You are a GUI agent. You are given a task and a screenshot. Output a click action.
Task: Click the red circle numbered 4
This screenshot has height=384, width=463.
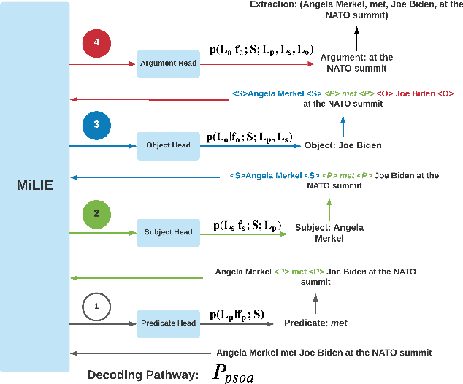(96, 42)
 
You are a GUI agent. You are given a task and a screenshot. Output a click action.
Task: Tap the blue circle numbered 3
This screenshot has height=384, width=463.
(96, 124)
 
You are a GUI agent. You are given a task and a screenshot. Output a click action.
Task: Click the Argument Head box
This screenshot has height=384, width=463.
(168, 64)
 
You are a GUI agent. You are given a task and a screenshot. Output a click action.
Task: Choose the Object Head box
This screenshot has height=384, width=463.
(168, 145)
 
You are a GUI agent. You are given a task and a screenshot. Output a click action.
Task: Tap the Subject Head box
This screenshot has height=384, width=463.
(168, 232)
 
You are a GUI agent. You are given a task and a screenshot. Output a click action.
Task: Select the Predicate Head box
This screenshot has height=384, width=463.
(168, 323)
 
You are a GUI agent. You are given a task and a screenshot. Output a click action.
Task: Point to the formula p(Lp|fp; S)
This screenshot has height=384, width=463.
(237, 315)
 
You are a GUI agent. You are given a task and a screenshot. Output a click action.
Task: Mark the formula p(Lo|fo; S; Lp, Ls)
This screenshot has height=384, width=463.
(249, 137)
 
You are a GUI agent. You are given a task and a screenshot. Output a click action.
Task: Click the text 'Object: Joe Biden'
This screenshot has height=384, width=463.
(343, 145)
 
